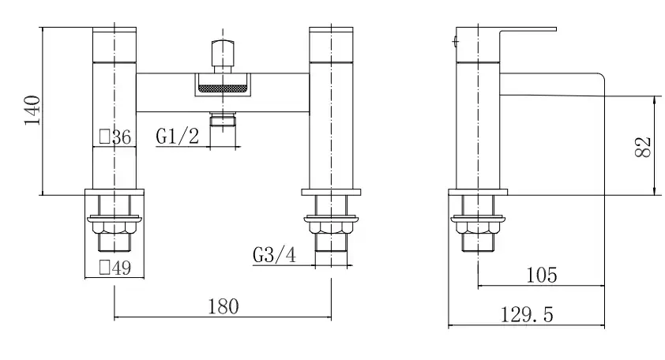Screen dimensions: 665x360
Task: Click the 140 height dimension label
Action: pyautogui.click(x=32, y=111)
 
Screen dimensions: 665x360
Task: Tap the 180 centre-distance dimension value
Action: pyautogui.click(x=223, y=306)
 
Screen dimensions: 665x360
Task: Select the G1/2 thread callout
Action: pyautogui.click(x=177, y=137)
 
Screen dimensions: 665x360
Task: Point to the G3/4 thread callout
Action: pyautogui.click(x=274, y=255)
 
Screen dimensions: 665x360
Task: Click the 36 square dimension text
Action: pyautogui.click(x=122, y=137)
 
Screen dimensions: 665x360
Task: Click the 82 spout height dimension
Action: pyautogui.click(x=643, y=147)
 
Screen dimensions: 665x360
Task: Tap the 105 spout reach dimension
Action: pyautogui.click(x=542, y=276)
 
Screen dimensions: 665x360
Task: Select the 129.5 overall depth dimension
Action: pyautogui.click(x=527, y=315)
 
